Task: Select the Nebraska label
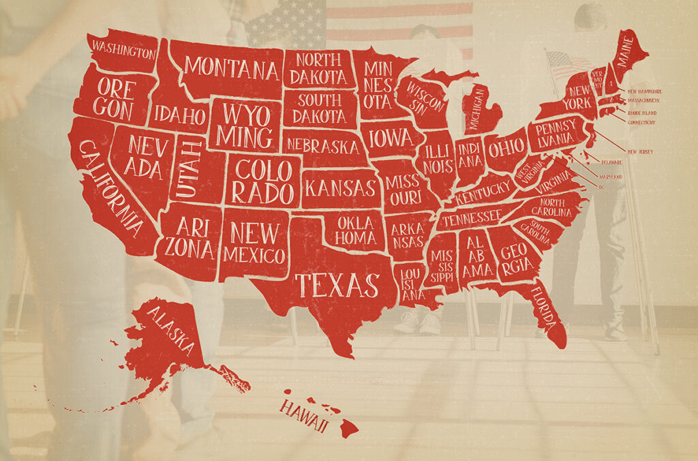[322, 145]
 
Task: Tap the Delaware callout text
[611, 162]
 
